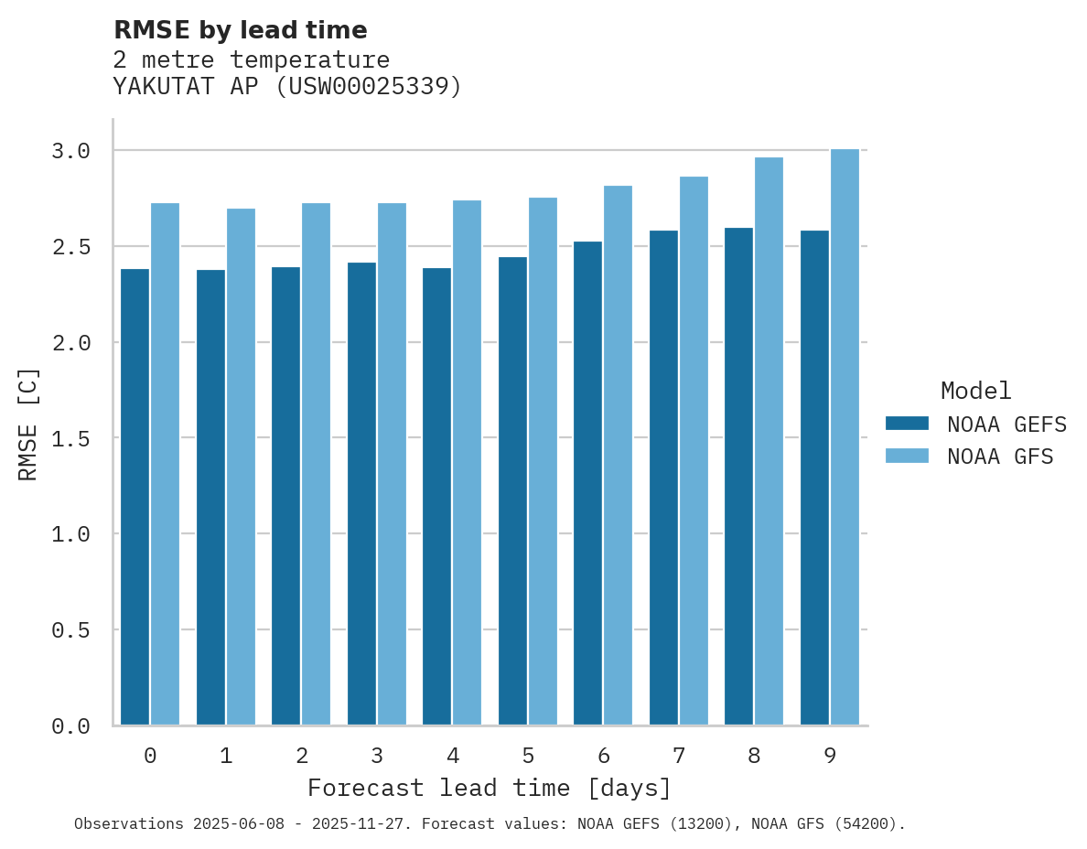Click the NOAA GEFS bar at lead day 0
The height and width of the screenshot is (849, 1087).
[135, 497]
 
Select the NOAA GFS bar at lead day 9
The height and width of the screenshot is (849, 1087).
[845, 437]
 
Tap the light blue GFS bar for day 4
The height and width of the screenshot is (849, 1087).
[467, 463]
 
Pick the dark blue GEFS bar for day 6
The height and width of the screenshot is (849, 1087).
[587, 483]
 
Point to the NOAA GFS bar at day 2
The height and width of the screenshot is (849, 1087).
[316, 464]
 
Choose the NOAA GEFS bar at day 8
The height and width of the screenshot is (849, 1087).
[738, 477]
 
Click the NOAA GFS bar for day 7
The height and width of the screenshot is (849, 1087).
[694, 451]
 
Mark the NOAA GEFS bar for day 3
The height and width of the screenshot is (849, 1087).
[361, 494]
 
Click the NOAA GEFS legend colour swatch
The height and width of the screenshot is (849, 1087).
[907, 424]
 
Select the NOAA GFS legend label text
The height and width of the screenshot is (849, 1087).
[1000, 457]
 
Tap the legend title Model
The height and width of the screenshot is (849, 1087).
[975, 391]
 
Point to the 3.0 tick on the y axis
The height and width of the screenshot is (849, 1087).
[70, 151]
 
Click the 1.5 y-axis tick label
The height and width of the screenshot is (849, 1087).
[70, 438]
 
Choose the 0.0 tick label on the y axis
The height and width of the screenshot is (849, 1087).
[70, 726]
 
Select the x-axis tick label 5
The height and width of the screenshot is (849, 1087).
[528, 757]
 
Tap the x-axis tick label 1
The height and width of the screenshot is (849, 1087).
[226, 757]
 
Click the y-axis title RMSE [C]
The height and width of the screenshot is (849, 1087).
[28, 424]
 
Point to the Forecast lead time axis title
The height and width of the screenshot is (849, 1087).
[490, 788]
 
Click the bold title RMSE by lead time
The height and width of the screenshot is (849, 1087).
[240, 30]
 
